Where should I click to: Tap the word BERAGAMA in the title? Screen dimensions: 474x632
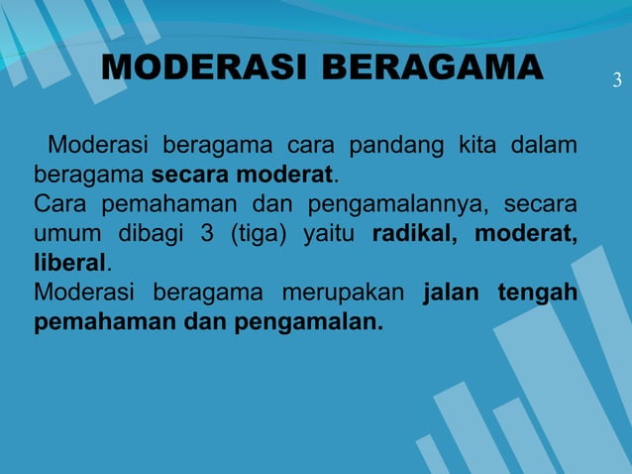pos(432,67)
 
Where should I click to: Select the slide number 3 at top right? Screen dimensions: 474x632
pos(616,79)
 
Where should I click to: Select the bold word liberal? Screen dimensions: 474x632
pos(68,265)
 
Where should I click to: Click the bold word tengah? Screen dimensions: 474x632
pos(541,295)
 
